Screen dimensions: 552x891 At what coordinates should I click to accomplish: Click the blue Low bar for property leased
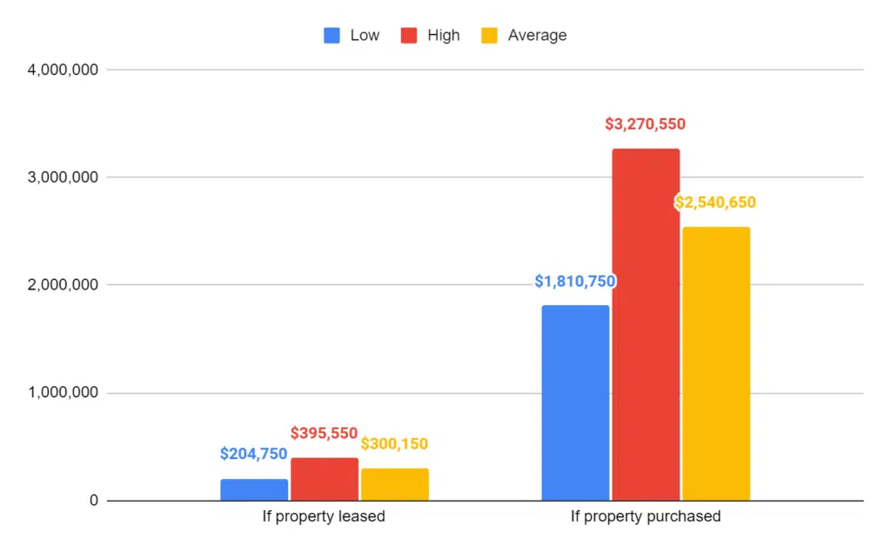[x=254, y=490]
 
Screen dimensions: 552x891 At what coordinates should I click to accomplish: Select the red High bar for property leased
[x=325, y=480]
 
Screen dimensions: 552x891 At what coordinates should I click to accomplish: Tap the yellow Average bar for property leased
[x=395, y=485]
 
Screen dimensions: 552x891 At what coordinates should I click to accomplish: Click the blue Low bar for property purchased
[x=575, y=403]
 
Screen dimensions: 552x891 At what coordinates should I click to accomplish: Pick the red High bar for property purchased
[x=646, y=325]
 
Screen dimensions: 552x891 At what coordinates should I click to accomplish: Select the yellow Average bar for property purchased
[x=716, y=364]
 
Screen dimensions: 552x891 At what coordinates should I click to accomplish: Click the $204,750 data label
[x=253, y=454]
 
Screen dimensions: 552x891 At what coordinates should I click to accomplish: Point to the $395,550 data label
[x=324, y=433]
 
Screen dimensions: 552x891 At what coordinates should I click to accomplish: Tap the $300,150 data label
[x=394, y=444]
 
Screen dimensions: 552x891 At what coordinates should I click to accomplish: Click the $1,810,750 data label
[x=575, y=282]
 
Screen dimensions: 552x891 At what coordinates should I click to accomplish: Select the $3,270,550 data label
[x=645, y=124]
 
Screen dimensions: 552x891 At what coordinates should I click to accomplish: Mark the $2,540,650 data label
[x=715, y=203]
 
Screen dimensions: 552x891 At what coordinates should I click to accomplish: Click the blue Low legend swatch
[x=332, y=36]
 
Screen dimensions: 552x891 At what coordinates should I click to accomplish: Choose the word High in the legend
[x=443, y=36]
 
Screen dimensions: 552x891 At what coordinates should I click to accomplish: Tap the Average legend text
[x=537, y=36]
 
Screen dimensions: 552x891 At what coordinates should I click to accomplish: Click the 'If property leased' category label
[x=324, y=516]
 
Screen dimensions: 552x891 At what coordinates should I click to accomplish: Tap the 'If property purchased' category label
[x=646, y=516]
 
